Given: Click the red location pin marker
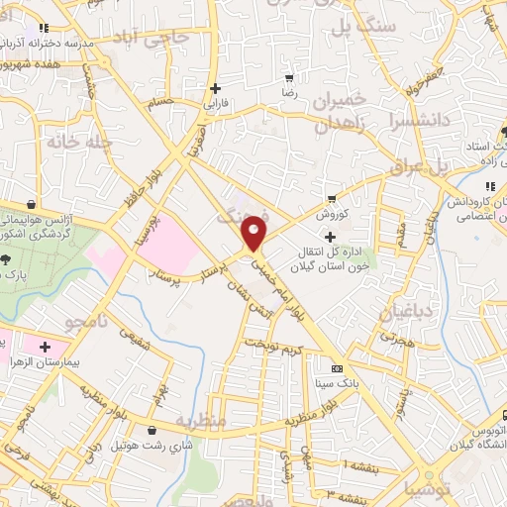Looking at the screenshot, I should pos(255,232).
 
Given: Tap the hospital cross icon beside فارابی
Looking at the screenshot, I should pos(215,88).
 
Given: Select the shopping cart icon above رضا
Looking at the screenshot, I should pos(289,77).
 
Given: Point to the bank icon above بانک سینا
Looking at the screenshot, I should pos(337,368).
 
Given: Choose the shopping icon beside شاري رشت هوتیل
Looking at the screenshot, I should pos(151,431).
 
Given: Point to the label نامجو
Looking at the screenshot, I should pos(62,323).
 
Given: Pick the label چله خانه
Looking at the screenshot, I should pos(74,142).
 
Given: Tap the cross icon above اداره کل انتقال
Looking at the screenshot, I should pos(331,236).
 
